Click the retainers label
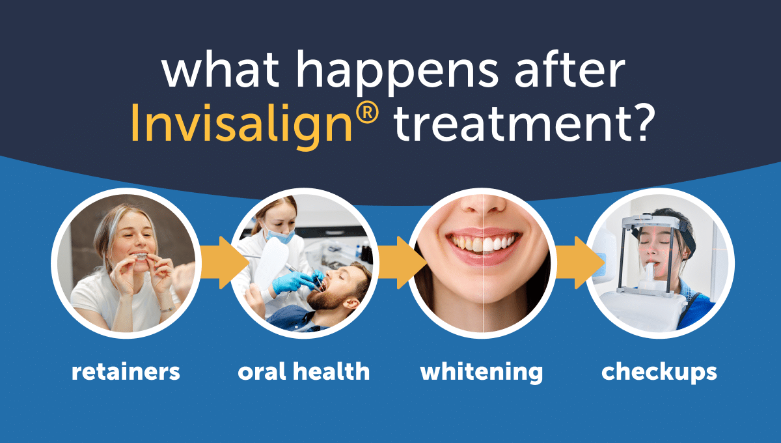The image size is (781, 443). pos(126,372)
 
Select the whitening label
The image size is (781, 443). pos(482,373)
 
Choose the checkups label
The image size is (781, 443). pos(659,373)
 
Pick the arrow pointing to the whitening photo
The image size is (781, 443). pos(402,263)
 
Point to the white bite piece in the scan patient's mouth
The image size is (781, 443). pos(651,272)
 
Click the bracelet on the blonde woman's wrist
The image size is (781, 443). pos(167,309)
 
